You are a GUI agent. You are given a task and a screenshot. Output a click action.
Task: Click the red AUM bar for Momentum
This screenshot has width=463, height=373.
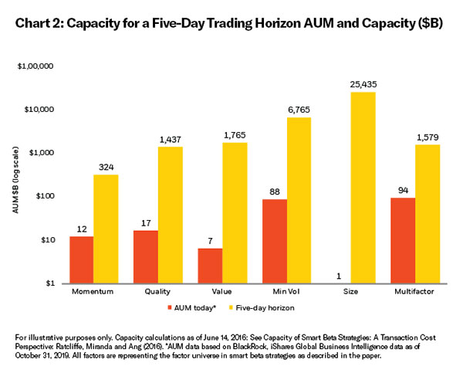point(82,259)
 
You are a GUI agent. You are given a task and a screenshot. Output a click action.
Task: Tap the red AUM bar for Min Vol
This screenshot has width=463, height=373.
point(274,241)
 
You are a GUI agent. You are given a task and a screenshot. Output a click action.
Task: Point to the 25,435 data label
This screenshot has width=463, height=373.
point(363,83)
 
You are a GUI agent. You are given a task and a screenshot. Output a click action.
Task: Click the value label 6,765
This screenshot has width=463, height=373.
point(299,109)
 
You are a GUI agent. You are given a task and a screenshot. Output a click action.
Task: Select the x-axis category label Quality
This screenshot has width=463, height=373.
point(158,294)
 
